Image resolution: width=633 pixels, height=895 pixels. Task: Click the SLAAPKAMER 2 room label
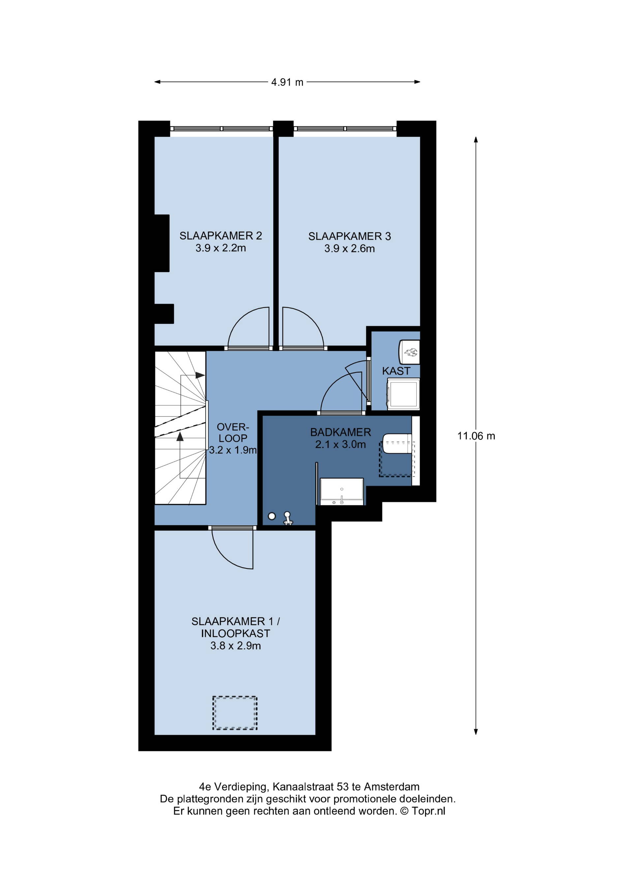click(221, 235)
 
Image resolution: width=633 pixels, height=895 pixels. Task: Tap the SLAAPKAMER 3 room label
click(349, 236)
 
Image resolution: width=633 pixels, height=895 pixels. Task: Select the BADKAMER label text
click(341, 432)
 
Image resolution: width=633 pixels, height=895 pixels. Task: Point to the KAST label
click(396, 371)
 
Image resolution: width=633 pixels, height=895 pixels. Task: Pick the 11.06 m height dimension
click(476, 436)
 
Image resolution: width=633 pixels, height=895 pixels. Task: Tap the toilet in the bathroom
click(398, 443)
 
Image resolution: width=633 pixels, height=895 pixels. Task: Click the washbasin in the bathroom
click(342, 492)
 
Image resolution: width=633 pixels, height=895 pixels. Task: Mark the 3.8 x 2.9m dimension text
click(235, 646)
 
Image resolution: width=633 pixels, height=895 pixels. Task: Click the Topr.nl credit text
click(428, 811)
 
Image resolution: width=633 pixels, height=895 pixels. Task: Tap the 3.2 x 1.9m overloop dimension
click(233, 450)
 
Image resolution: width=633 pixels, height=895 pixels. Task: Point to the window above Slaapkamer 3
click(345, 129)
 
